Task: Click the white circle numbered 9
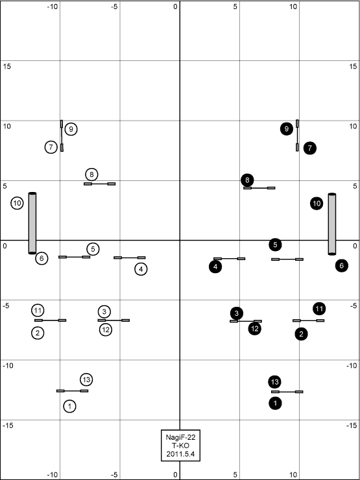[x=71, y=129]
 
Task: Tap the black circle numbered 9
[x=286, y=129]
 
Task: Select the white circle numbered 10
[x=18, y=203]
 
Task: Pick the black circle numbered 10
[x=317, y=203]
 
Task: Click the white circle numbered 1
[x=70, y=406]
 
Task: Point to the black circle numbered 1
[x=275, y=403]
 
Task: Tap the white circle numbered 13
[x=86, y=380]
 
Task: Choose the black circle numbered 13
[x=274, y=382]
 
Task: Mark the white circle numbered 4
[x=141, y=269]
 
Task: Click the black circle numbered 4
[x=215, y=267]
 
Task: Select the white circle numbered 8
[x=91, y=174]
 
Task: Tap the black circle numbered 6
[x=341, y=266]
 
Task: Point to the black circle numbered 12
[x=255, y=329]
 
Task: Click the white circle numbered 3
[x=104, y=311]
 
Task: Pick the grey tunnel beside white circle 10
[x=32, y=223]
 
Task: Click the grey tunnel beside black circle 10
[x=332, y=224]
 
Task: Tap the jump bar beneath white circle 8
[x=99, y=184]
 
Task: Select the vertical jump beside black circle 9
[x=297, y=136]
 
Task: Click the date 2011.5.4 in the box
[x=180, y=454]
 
